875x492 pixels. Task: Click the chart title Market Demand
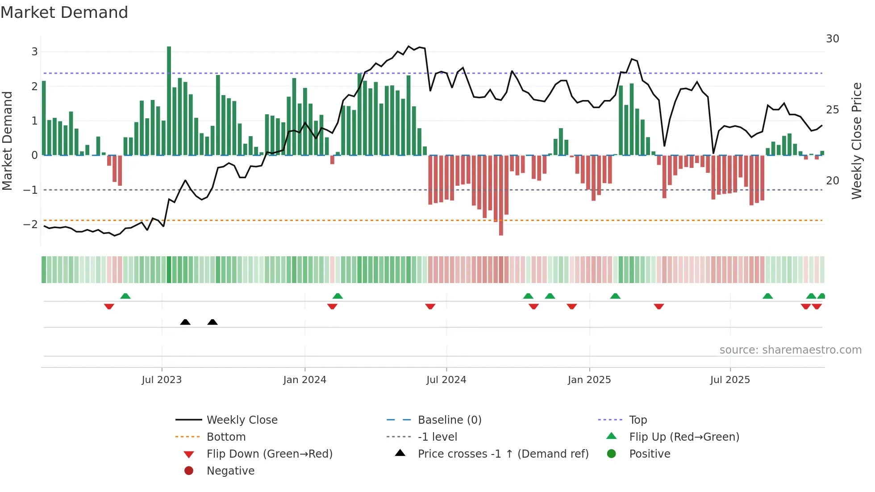point(64,13)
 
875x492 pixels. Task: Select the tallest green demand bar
point(169,100)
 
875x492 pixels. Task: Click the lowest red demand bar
point(501,195)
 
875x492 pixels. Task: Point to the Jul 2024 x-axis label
point(446,380)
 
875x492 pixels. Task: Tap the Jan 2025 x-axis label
point(589,380)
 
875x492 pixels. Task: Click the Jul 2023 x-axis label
point(162,380)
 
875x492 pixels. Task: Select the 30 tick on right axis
point(832,39)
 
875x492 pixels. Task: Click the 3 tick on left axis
point(34,52)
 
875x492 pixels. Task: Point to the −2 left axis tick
point(31,224)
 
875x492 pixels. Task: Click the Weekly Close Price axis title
point(856,141)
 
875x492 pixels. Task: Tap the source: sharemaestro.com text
point(790,350)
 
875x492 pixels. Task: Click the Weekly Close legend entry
point(242,420)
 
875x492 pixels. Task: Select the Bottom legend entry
point(226,437)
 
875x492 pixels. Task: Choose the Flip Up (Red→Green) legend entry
point(684,437)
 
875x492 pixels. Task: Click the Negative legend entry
point(230,471)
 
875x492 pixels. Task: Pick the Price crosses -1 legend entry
point(503,454)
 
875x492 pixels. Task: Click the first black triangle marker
point(185,322)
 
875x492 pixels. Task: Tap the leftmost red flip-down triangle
point(109,306)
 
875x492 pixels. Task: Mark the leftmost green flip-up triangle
point(125,296)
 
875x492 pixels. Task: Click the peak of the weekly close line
point(408,46)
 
